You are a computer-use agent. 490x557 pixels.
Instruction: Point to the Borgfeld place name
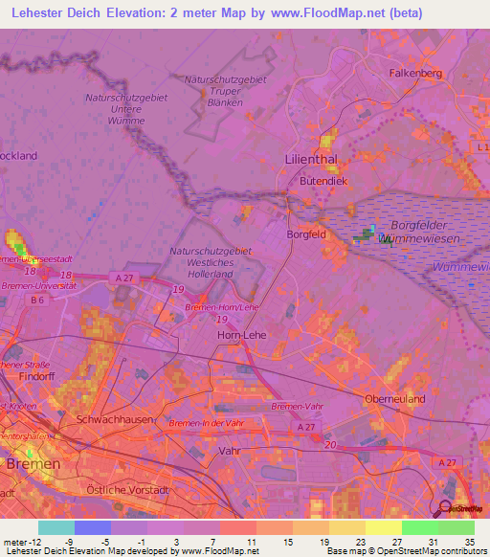[x=308, y=233]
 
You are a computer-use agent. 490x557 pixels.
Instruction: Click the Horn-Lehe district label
[x=241, y=336]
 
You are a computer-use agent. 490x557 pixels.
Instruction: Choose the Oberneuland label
[x=394, y=398]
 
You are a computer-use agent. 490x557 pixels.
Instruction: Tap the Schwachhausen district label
[x=106, y=419]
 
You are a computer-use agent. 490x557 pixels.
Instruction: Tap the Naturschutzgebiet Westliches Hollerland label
[x=210, y=261]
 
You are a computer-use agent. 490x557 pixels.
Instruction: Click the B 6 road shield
[x=37, y=301]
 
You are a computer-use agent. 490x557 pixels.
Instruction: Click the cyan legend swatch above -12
[x=56, y=527]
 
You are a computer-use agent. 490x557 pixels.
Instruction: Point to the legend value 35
[x=469, y=542]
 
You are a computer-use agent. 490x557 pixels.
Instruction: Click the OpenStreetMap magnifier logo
[x=446, y=508]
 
